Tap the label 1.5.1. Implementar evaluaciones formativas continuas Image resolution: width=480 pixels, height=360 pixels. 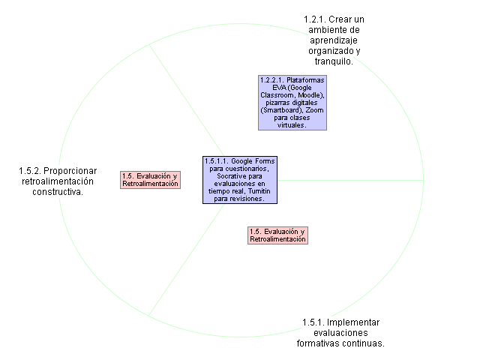[341, 333]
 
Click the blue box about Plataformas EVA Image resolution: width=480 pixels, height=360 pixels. [292, 103]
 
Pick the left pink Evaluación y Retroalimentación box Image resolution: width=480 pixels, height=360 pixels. [151, 180]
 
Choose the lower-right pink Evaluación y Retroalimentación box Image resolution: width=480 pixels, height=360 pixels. [277, 235]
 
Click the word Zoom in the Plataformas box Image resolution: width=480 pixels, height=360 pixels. [315, 110]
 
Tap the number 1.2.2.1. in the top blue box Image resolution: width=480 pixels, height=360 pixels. [272, 80]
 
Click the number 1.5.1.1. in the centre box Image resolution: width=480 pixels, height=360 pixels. [217, 160]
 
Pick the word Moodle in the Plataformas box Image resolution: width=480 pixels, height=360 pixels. [310, 95]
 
